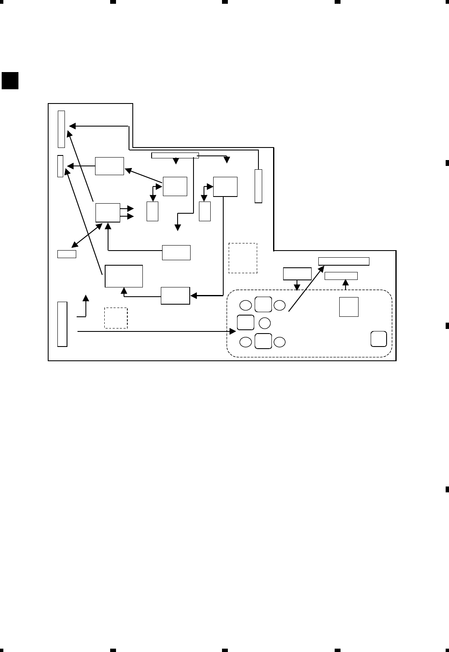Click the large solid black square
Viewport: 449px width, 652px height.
coord(10,81)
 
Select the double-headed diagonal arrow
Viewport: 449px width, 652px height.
coord(88,235)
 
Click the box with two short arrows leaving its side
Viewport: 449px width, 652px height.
coord(108,212)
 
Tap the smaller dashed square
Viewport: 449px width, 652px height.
coord(116,318)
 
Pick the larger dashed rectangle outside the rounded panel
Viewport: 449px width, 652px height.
coord(243,258)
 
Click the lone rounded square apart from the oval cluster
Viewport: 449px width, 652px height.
coord(379,339)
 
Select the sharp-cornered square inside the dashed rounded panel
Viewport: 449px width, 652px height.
coord(349,307)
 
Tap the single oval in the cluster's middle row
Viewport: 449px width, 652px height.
coord(265,323)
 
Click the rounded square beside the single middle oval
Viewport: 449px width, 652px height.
coord(245,323)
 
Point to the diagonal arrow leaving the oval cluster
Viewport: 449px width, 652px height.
coord(306,289)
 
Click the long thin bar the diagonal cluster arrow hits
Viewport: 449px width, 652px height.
coord(344,261)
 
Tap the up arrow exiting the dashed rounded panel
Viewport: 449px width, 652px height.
coord(346,284)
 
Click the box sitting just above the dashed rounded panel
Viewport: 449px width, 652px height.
coord(297,274)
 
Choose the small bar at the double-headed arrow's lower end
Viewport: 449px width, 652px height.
coord(67,254)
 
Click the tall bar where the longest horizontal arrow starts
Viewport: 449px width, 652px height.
coord(62,324)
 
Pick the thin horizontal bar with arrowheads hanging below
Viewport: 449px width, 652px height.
coord(175,156)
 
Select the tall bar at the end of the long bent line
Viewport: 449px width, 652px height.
coord(258,186)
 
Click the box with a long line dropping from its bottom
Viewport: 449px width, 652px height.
coord(225,187)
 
